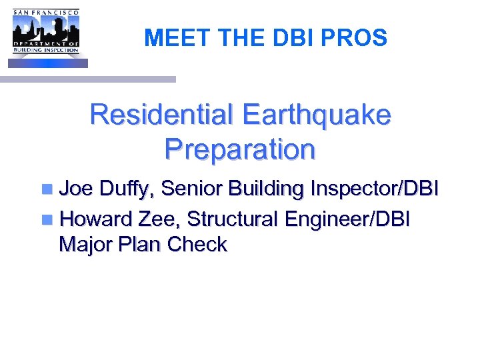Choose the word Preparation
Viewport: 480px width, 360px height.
point(239,149)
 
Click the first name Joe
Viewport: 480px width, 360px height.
point(77,189)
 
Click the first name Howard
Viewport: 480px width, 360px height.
point(97,218)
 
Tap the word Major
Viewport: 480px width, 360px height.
point(86,245)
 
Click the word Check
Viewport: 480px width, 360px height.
point(197,245)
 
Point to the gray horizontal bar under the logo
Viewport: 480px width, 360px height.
point(87,79)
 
